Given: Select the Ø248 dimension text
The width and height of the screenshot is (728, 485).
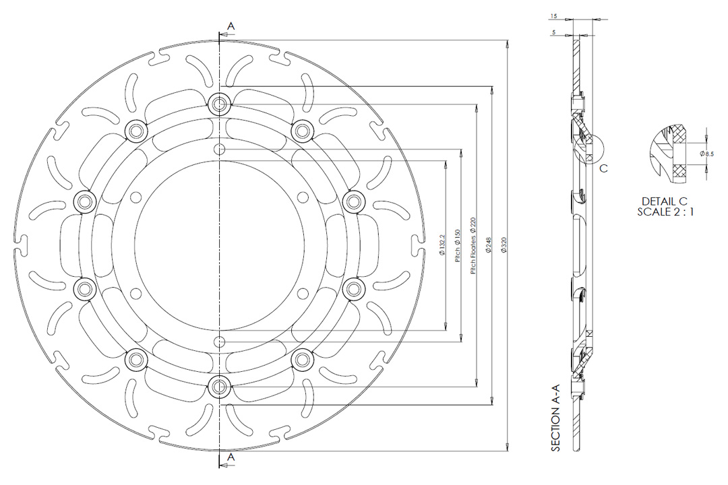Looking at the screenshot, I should [x=487, y=247].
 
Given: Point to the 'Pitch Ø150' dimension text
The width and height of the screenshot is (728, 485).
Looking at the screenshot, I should [x=457, y=247].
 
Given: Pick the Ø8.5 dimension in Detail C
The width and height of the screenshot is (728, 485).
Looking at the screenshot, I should [x=707, y=154].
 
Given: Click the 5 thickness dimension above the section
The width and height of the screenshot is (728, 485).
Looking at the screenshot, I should [x=553, y=32].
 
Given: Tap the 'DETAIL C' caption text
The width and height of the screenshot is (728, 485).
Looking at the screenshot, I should [x=664, y=201].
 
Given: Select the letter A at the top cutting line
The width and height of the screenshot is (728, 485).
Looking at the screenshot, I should [x=231, y=26].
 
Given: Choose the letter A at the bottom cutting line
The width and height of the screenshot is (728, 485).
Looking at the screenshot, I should [x=231, y=457].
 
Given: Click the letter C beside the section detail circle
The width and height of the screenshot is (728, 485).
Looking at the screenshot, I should [x=604, y=168].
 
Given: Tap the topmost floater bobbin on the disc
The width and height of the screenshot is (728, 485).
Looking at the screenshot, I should [x=218, y=104].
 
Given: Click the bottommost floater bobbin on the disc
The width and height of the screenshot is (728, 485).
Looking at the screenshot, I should [x=218, y=386].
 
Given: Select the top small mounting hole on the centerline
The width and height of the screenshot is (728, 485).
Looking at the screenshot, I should [x=218, y=149].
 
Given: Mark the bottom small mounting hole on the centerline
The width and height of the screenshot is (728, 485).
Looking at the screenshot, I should [x=218, y=341].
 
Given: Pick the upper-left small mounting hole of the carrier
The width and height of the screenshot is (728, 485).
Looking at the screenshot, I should [x=137, y=197].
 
